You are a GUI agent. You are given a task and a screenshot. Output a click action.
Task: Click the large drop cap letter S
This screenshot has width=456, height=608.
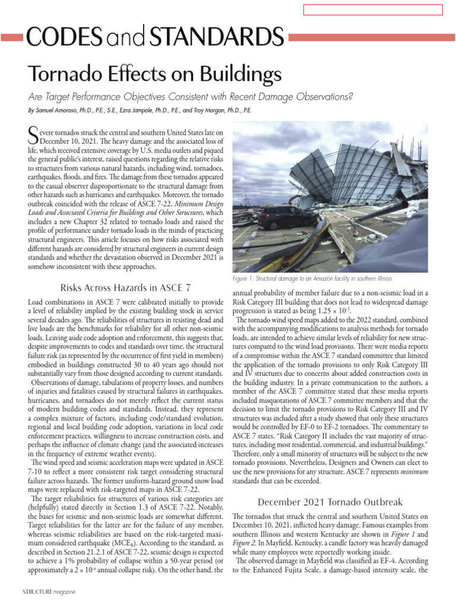[33, 134]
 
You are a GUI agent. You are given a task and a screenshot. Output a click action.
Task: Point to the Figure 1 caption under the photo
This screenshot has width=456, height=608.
[312, 278]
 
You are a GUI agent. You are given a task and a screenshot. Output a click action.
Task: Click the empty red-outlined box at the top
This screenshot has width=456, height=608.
[373, 9]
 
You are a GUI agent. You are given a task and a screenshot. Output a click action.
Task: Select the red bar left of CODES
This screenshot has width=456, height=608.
[12, 37]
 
